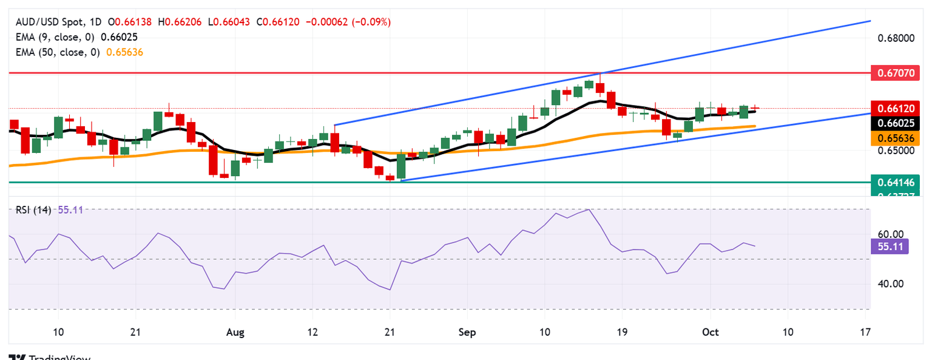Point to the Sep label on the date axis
coord(468,333)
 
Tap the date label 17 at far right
coord(866,333)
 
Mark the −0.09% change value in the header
coord(376,22)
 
